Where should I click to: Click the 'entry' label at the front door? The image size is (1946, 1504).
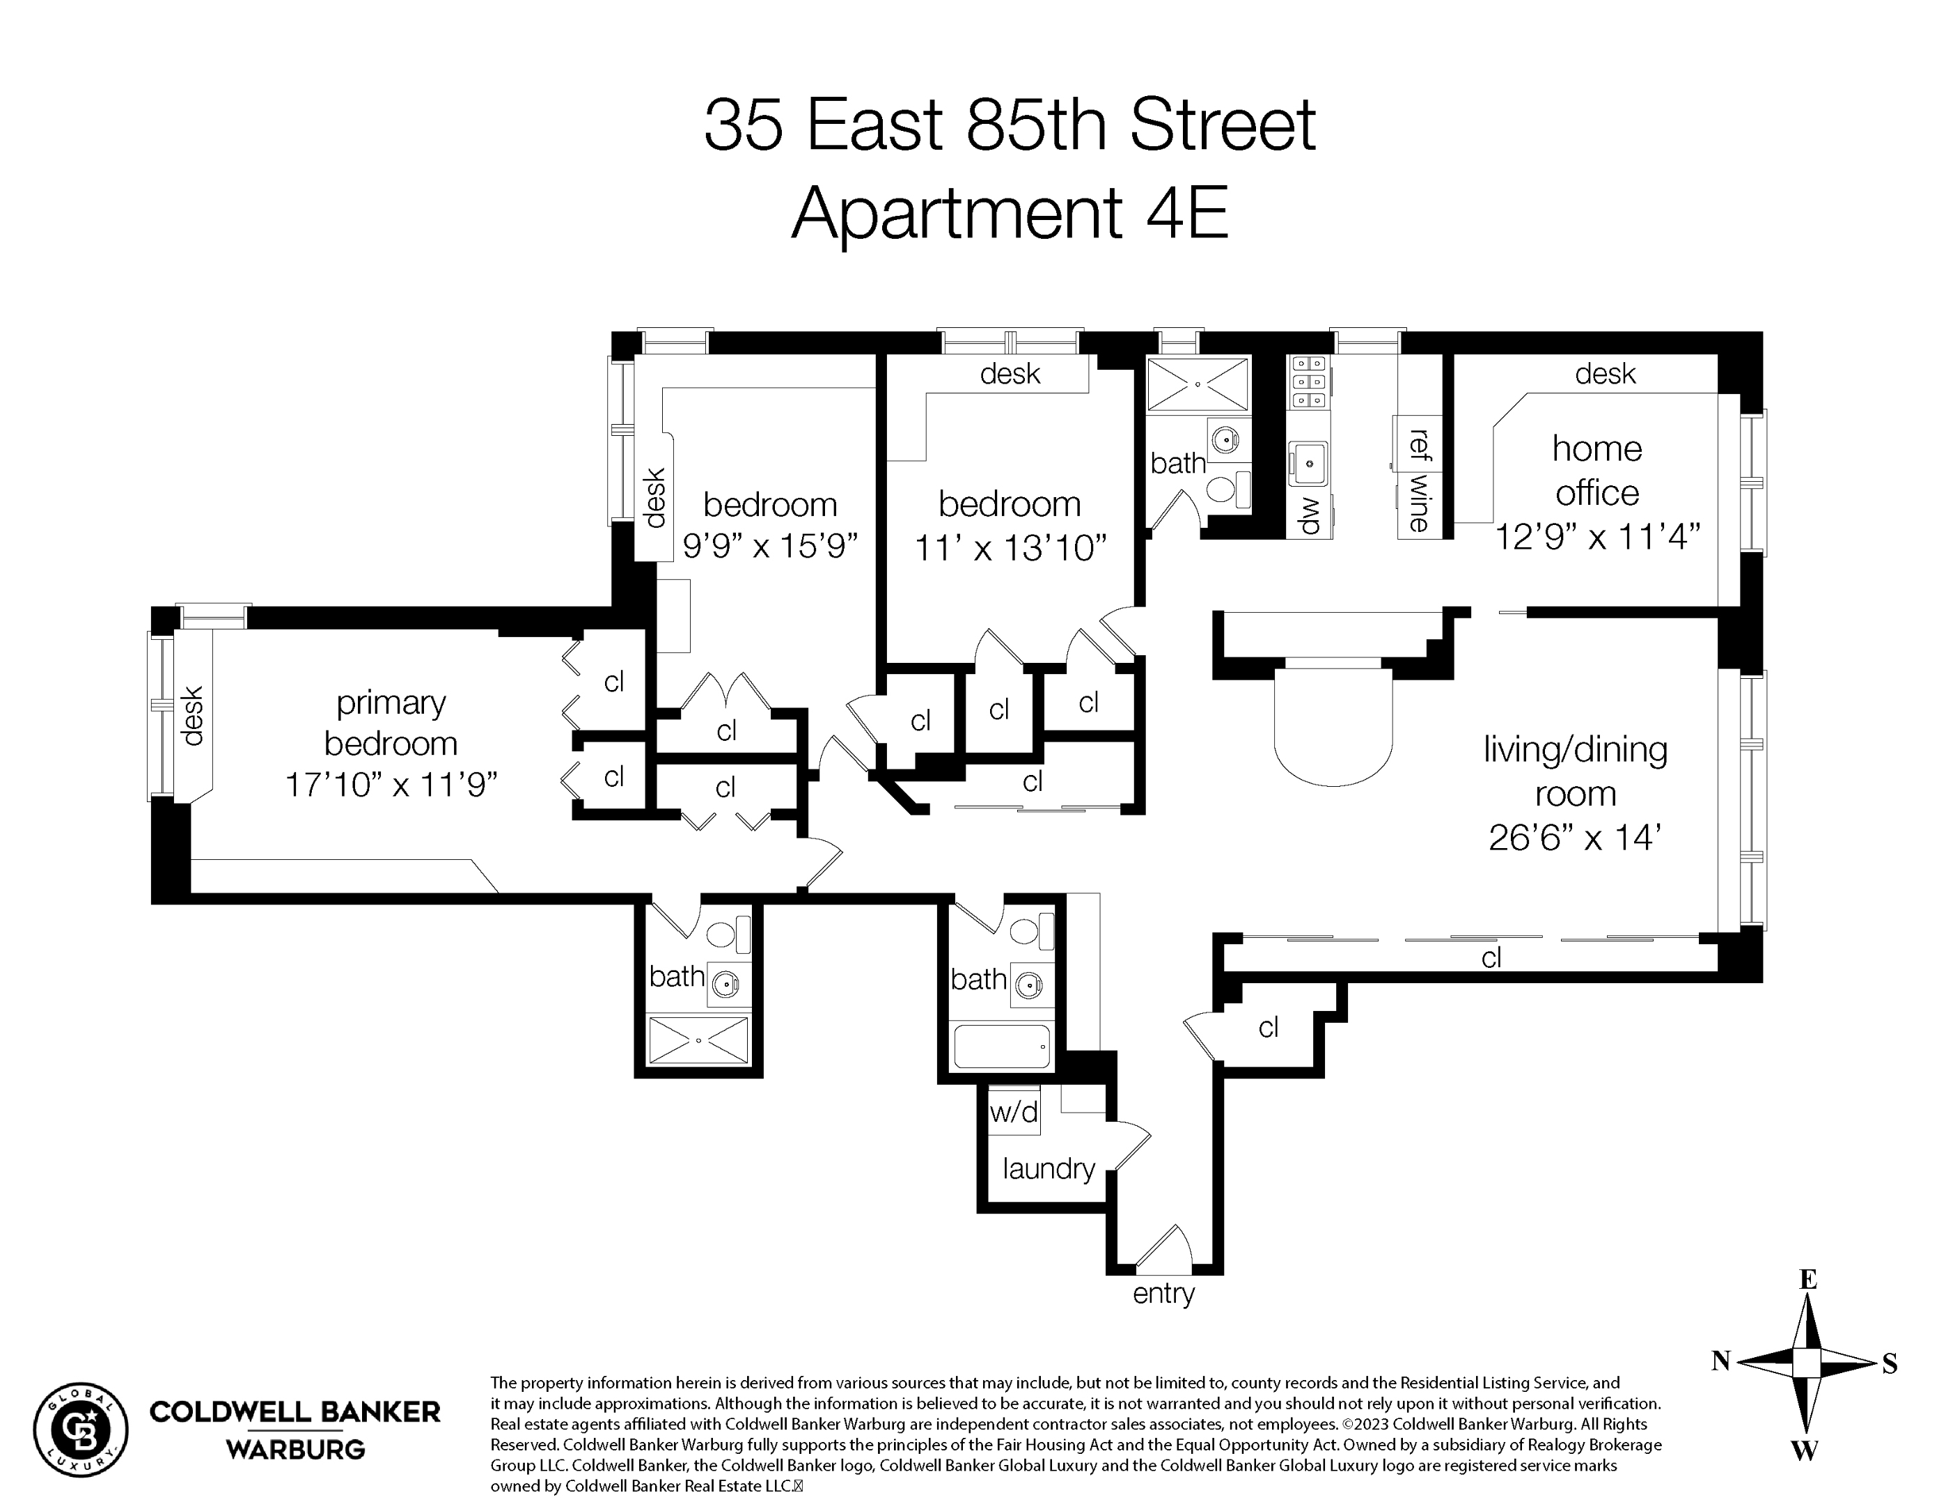coord(1163,1294)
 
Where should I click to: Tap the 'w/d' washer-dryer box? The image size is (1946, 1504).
coord(1014,1112)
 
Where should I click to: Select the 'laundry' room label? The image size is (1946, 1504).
coord(1048,1168)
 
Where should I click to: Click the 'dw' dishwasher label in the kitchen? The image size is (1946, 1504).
coord(1309,515)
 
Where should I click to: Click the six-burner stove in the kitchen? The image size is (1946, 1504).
coord(1309,382)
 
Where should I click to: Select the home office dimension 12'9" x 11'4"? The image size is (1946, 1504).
coord(1596,538)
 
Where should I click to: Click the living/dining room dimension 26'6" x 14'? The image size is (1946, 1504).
coord(1574,838)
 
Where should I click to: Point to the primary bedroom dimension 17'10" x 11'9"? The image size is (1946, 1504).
coord(391,785)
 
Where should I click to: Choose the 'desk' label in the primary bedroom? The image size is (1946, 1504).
coord(192,716)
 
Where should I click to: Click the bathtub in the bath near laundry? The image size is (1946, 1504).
coord(1001,1045)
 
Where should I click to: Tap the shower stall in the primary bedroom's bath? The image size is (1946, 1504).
coord(698,1040)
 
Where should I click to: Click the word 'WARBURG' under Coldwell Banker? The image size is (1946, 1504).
coord(295,1450)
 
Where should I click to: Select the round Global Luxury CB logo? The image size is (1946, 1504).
coord(81,1430)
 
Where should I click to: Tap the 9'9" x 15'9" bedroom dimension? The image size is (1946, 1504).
coord(770,545)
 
